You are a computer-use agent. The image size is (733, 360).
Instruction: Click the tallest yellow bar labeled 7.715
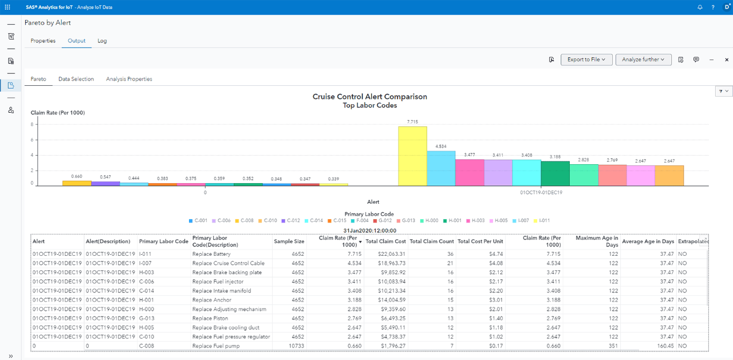coord(412,156)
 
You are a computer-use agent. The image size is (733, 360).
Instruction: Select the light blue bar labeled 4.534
coord(441,168)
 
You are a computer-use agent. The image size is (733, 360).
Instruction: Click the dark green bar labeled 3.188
coord(555,173)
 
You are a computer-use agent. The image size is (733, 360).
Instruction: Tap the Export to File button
coord(586,60)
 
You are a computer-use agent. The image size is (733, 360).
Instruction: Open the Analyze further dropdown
coord(643,60)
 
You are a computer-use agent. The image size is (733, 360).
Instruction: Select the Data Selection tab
coord(76,79)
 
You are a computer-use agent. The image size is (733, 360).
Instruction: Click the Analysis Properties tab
coord(129,79)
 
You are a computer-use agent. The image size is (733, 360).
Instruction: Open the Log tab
coord(102,41)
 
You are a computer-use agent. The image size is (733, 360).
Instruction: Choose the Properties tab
coord(43,41)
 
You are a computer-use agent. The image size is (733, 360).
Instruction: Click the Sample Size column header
coord(289,242)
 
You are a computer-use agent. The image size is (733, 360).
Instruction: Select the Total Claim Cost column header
coord(385,242)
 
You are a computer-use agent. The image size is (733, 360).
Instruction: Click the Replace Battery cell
coord(211,254)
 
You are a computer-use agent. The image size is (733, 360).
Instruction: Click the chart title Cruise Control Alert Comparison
coord(369,97)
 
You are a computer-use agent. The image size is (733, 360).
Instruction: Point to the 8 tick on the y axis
coord(32,124)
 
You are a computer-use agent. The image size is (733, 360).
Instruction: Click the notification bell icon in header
coord(700,7)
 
